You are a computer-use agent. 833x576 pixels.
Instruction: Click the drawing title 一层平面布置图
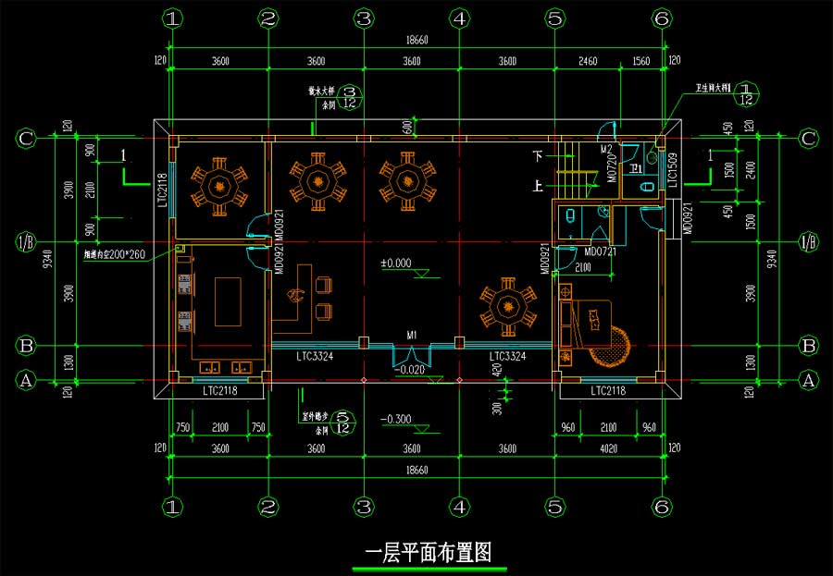tap(429, 554)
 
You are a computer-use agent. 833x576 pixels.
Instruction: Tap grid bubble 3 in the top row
tap(364, 18)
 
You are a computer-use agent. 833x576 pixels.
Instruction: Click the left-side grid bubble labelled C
tap(27, 140)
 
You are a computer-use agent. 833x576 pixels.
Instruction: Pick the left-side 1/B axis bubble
tap(27, 243)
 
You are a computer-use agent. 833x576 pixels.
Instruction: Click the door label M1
tap(411, 335)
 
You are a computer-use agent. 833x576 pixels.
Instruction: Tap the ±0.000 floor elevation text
tap(395, 263)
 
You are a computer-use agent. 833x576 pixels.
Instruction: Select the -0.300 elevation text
tap(395, 420)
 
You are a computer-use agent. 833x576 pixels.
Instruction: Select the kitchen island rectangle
tap(228, 301)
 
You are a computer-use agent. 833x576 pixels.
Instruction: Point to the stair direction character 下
tap(539, 154)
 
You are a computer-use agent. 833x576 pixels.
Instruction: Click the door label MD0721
tap(601, 251)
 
